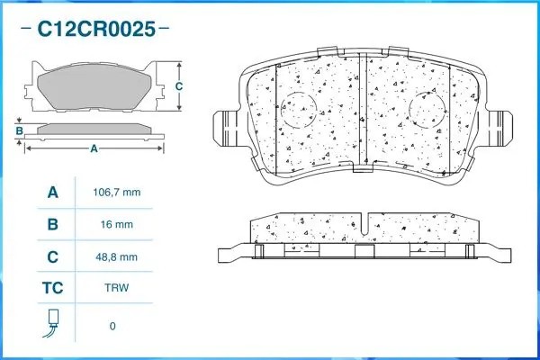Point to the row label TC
click(52, 289)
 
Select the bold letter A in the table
click(52, 193)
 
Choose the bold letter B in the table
click(52, 224)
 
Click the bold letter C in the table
click(52, 256)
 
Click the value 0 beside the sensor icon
click(112, 326)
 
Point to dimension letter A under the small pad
click(94, 149)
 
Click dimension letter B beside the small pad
click(19, 131)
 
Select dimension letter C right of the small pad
click(179, 86)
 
